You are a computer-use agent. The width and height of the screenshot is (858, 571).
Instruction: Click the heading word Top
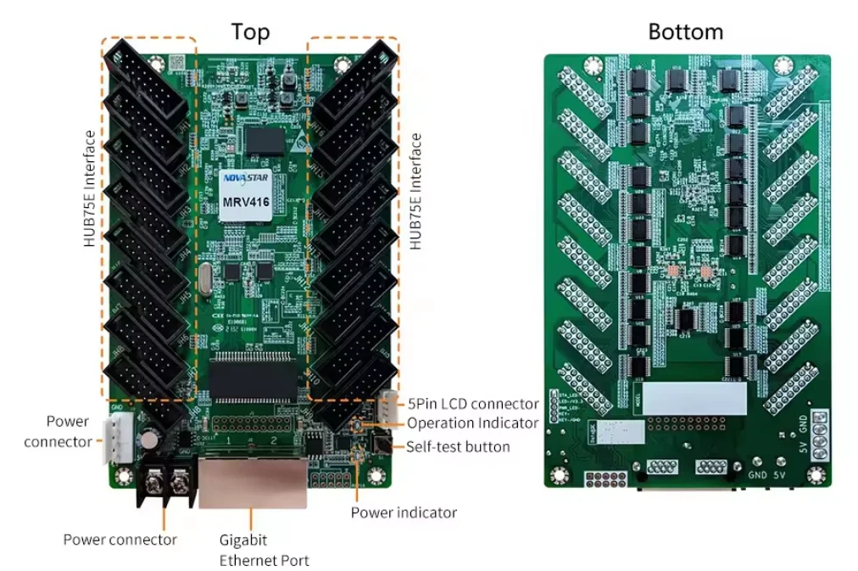tap(251, 32)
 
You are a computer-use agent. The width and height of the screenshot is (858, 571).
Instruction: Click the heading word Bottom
tap(685, 32)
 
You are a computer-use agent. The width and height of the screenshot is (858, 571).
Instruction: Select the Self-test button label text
tap(458, 446)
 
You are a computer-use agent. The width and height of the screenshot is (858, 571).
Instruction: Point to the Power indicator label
tap(404, 512)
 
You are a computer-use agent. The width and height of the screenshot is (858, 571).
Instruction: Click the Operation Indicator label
tap(472, 423)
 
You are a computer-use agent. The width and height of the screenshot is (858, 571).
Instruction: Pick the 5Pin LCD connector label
tap(472, 404)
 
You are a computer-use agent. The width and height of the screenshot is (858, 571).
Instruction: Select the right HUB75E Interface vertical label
tap(415, 191)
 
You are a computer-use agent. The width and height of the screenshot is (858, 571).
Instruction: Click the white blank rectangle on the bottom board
tap(696, 397)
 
